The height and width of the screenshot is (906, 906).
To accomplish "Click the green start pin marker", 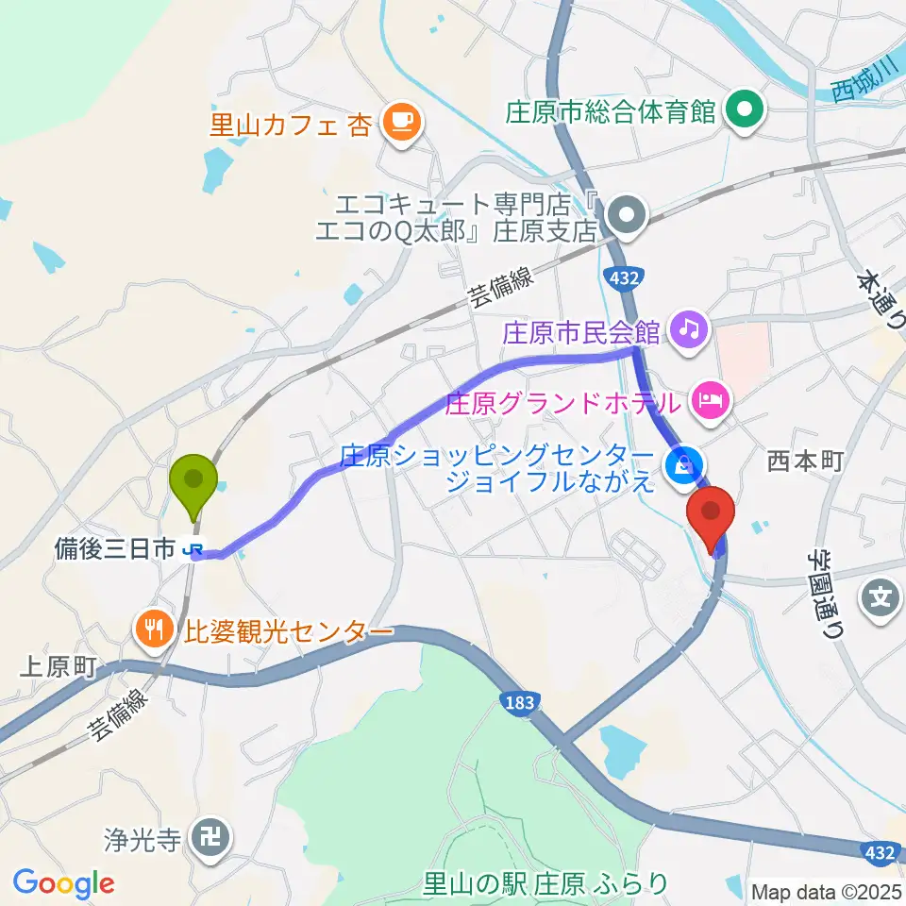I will pyautogui.click(x=193, y=483).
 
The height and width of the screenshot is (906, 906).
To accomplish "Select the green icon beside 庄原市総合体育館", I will pyautogui.click(x=744, y=112).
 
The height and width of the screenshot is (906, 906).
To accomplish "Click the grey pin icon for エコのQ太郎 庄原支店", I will pyautogui.click(x=625, y=216).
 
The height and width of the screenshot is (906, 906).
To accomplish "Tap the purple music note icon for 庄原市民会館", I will pyautogui.click(x=691, y=329).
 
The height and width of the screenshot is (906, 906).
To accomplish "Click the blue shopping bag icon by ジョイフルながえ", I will pyautogui.click(x=681, y=464).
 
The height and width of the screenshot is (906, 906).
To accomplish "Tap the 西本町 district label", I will pyautogui.click(x=804, y=461).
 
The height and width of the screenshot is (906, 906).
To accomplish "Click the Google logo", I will pyautogui.click(x=63, y=883).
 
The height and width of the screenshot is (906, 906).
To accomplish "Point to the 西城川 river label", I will pyautogui.click(x=863, y=84).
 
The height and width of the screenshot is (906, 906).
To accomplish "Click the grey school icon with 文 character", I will pyautogui.click(x=880, y=596).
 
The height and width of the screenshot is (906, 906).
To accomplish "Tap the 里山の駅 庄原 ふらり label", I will pyautogui.click(x=545, y=884).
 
